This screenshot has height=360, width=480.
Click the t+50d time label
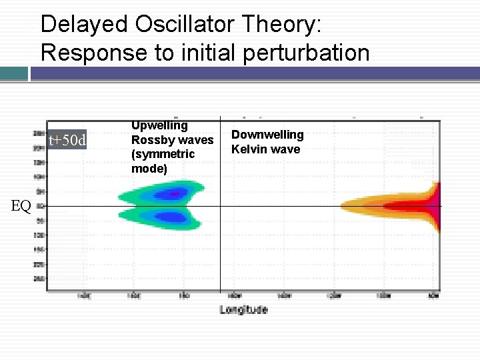point(67,140)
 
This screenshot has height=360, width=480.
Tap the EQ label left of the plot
point(21,206)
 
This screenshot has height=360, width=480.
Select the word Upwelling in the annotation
point(159,125)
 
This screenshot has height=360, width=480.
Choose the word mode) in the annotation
point(149,169)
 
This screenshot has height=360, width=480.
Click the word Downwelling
point(267,135)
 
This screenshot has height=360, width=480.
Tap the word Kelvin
point(248,149)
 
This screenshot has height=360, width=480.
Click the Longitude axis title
point(243,309)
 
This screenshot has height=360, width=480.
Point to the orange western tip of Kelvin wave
point(347,206)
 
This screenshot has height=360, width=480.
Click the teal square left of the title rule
point(14,73)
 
